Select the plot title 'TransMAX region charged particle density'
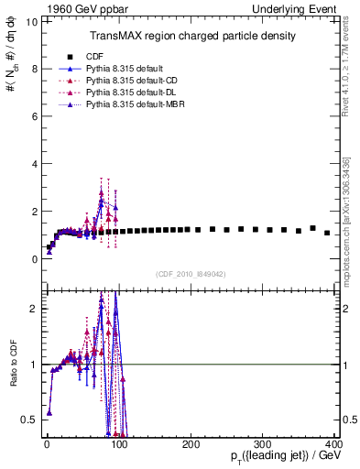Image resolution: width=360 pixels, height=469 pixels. point(191,36)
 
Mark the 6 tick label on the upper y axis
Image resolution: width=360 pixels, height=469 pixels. point(32,116)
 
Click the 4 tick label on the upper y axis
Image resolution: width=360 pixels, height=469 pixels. point(32,164)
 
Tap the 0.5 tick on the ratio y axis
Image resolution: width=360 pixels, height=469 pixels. point(28,420)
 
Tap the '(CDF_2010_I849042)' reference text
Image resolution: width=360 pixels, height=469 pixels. point(191,273)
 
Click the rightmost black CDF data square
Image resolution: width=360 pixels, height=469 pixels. point(327,233)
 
